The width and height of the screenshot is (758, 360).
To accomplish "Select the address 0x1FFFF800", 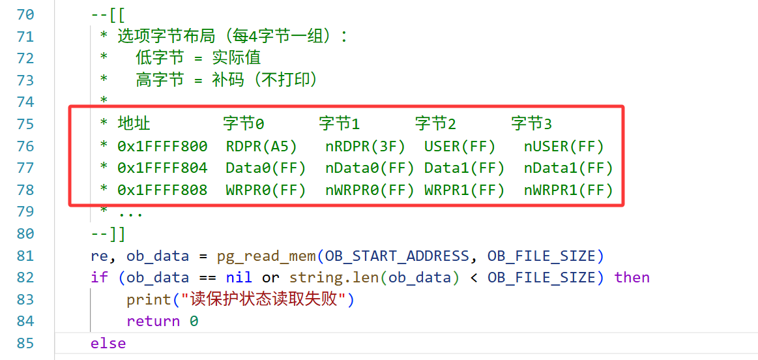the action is [x=162, y=146].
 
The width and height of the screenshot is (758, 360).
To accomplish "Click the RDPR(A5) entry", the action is [x=261, y=146].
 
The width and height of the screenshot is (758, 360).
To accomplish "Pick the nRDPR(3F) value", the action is [x=366, y=146].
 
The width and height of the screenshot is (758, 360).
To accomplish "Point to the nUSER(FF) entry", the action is [x=564, y=146].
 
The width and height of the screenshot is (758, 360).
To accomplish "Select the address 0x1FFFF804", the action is [x=162, y=168].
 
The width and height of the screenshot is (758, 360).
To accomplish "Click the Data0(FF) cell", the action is [x=266, y=168].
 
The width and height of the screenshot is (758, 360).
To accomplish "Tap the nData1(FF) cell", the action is [x=568, y=168].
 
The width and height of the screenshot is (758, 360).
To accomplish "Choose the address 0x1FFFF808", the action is [x=162, y=190].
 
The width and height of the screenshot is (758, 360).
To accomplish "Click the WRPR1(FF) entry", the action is [x=465, y=190].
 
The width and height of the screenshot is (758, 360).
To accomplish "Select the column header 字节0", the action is [x=244, y=125].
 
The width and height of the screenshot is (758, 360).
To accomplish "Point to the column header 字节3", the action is [x=532, y=125].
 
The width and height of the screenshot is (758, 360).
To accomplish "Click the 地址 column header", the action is [x=134, y=125].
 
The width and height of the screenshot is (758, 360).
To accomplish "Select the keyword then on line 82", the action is [x=632, y=278].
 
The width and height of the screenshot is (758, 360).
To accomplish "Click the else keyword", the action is [x=108, y=344].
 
